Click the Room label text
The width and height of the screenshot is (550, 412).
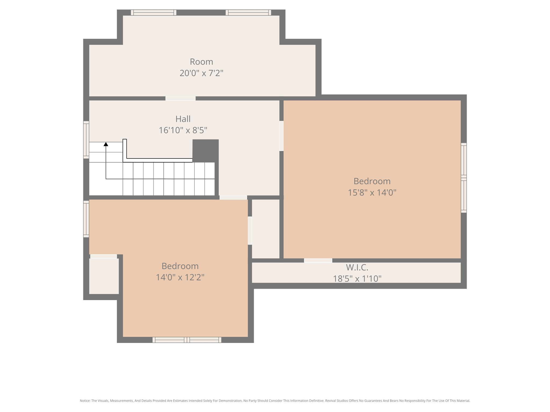[201, 62]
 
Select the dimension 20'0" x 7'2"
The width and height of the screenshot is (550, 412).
[201, 73]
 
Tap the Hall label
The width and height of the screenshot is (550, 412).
[183, 119]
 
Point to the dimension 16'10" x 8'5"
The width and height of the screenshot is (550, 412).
[183, 130]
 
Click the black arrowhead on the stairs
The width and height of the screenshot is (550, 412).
[106, 144]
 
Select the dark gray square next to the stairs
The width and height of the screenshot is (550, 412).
[205, 151]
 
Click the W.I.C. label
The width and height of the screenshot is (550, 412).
[357, 267]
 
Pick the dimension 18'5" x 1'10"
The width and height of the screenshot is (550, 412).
[357, 279]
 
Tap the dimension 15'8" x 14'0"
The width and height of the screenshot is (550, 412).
[372, 193]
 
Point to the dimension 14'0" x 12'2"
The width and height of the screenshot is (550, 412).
[180, 277]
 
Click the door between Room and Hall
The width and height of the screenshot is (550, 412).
[180, 98]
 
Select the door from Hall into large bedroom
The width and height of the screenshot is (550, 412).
[281, 136]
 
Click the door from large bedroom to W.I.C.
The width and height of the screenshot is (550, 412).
[318, 260]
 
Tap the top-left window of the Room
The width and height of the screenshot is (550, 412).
[154, 13]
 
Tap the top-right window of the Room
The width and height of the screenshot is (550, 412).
[248, 13]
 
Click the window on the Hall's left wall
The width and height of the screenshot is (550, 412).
[86, 140]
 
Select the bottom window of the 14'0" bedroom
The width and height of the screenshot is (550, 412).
[187, 340]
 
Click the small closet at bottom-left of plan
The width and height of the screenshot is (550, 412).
[104, 276]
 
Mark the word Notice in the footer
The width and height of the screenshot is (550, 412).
[85, 401]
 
